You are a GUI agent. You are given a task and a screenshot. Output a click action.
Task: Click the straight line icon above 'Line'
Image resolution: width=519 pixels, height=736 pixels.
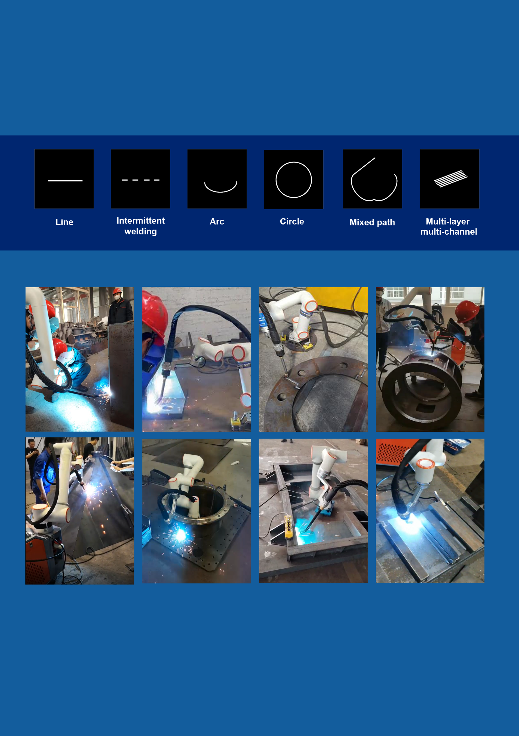pos(65,181)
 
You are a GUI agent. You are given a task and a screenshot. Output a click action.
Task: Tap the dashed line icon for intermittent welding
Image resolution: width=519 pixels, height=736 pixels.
pos(141,180)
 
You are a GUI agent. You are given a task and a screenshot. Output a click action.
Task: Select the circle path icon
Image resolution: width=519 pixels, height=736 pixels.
pos(294,180)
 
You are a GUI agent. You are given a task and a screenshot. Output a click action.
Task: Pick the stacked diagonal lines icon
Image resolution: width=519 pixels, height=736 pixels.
pos(451,178)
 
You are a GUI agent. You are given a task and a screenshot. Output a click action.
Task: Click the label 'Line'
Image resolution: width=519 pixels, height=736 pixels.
pos(65,222)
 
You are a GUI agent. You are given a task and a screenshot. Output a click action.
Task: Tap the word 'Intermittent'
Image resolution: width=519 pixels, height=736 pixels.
pos(141,221)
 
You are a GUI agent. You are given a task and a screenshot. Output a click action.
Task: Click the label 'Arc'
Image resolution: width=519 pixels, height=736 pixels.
pos(217,221)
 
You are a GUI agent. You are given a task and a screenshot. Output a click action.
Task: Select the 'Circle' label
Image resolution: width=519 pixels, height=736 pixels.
pos(292,221)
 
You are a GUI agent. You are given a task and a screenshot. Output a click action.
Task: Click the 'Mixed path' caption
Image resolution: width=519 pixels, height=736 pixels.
pos(372,222)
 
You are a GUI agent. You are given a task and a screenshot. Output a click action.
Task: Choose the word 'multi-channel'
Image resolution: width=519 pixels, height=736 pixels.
pos(449,231)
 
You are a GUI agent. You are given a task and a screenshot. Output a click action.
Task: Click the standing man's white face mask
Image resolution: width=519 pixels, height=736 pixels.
pos(118,297)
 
